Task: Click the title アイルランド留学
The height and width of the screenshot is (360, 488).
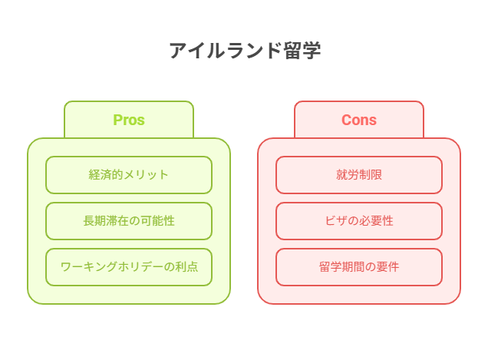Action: pos(245,51)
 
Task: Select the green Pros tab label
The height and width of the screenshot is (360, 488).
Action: pos(129,120)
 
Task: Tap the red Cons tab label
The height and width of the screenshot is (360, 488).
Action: pos(359,120)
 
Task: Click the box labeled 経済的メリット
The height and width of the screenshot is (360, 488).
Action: pos(129,175)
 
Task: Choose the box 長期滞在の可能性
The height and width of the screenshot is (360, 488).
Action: pos(129,221)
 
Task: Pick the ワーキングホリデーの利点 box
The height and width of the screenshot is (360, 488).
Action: pos(129,267)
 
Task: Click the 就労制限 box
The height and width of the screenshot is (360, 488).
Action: pos(359,175)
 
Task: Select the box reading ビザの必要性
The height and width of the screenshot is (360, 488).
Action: pos(359,221)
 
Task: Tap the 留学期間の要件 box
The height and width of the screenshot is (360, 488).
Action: pos(359,267)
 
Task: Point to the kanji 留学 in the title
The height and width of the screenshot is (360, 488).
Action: pos(302,51)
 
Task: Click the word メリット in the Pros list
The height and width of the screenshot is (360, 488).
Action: pos(146,175)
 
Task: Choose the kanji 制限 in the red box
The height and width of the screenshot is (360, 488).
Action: pos(371,175)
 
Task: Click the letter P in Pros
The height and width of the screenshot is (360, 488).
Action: pos(117,120)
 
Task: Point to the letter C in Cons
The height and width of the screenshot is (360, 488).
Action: pos(346,120)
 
